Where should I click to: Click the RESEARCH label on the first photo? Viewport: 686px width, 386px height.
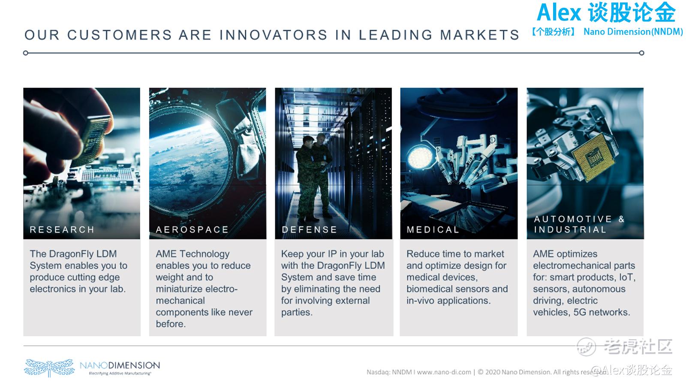point(62,229)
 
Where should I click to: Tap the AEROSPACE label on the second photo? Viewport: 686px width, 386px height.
point(192,229)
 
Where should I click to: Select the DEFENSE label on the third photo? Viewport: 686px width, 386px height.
point(309,229)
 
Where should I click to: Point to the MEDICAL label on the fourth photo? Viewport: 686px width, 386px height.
point(433,229)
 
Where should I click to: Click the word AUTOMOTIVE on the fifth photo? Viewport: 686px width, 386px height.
point(573,219)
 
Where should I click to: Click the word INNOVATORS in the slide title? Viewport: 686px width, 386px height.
point(274,35)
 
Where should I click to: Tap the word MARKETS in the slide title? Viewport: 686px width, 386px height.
point(480,35)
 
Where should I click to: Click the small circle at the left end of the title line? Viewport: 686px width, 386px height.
point(26,53)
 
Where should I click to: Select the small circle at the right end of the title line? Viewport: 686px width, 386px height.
point(641,53)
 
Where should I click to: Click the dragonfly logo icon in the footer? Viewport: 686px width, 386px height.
point(49,367)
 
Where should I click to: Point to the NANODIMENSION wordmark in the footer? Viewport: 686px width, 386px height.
point(120,365)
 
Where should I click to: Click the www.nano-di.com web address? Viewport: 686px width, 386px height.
point(444,372)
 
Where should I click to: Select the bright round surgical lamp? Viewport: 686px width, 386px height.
point(420,157)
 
